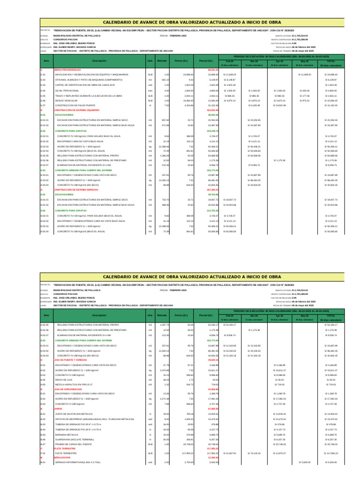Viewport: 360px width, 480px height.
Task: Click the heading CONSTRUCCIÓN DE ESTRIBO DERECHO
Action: (x=78, y=189)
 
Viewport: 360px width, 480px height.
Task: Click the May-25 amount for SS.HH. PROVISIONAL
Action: (x=305, y=90)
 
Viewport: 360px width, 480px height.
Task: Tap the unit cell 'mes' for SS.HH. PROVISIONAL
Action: (x=150, y=90)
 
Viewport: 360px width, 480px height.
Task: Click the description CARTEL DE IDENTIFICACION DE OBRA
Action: (x=82, y=85)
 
